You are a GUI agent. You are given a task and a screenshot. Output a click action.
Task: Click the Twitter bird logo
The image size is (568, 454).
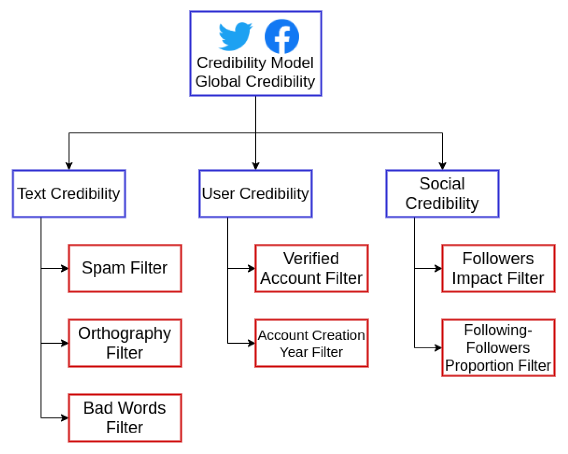coord(235,36)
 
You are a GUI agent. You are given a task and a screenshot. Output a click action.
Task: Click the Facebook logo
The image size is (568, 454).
coord(282,37)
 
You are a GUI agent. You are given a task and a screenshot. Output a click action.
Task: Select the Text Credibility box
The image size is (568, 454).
coord(69,194)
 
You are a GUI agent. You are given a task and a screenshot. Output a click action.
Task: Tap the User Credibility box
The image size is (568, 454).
coord(256,194)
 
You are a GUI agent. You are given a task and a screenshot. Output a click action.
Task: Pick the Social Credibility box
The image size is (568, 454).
coord(442,194)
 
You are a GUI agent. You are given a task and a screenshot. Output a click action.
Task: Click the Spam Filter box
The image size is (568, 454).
coord(125,268)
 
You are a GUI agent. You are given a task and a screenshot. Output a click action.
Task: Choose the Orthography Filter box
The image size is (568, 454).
coord(125,343)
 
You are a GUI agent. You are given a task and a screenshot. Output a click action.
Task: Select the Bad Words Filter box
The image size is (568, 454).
coord(125,418)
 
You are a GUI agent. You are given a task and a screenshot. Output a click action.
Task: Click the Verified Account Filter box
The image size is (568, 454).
coord(312,268)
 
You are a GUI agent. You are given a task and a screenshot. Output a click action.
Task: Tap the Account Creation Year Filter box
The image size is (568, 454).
coord(312,343)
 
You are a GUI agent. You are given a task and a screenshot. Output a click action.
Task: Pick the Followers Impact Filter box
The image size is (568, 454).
coord(498,268)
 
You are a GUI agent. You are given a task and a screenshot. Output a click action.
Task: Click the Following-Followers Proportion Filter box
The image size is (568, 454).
coord(498,348)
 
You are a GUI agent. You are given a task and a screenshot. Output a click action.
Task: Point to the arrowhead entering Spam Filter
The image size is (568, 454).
coord(65,268)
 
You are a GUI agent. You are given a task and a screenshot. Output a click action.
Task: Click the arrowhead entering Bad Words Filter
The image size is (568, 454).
coord(65,418)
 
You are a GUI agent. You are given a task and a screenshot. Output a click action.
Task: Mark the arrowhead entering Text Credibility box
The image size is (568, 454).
coord(69,166)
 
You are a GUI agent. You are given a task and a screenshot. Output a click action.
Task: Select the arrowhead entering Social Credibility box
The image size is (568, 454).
coord(442,166)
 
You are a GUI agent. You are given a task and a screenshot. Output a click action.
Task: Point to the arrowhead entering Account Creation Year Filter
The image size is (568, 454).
coord(251,343)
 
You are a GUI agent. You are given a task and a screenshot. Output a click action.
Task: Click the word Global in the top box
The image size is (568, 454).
coord(218,81)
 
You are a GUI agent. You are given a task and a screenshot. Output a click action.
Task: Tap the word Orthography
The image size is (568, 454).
coord(124,334)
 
